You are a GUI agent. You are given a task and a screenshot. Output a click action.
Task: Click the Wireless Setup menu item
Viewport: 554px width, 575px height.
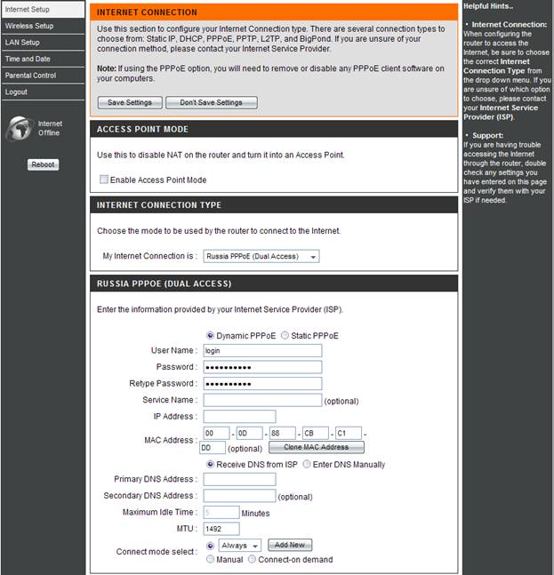30,26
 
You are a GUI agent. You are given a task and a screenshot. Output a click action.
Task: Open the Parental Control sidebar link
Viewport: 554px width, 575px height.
31,76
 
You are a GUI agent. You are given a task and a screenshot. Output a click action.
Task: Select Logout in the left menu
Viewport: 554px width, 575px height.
17,92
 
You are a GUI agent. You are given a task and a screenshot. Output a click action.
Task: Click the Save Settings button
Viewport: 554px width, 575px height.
130,103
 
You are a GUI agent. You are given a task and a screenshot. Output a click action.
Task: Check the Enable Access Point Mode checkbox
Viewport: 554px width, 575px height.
104,180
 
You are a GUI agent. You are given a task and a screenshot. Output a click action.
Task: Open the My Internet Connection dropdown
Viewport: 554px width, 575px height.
261,257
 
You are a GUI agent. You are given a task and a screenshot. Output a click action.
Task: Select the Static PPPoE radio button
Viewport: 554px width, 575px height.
285,336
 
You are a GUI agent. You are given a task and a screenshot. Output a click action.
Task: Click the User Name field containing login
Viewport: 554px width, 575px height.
262,351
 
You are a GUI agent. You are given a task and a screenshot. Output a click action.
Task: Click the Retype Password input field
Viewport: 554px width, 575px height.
262,384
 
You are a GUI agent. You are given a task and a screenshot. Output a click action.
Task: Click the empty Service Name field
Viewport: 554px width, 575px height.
262,401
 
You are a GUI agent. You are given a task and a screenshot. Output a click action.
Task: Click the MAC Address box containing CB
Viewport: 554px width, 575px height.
315,434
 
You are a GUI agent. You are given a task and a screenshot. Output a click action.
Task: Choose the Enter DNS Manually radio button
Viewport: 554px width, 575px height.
307,464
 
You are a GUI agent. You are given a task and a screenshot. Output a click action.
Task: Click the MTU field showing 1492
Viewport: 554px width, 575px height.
221,529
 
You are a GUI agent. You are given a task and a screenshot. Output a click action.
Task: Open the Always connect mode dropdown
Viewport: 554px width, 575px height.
240,545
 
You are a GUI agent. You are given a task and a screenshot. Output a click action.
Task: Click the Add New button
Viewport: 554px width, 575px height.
290,545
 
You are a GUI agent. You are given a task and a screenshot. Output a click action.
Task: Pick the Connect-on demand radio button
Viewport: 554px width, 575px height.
253,560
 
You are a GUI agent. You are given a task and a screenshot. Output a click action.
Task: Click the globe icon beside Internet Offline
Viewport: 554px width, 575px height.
19,129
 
